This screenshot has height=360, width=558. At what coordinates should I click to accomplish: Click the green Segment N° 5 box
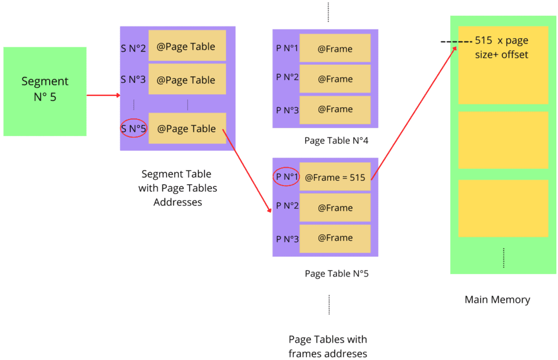(45, 90)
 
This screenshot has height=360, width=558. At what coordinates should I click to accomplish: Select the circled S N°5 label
(134, 129)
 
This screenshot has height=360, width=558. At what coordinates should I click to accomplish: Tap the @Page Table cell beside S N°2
(186, 47)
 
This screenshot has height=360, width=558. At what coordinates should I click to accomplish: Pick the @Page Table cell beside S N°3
(186, 80)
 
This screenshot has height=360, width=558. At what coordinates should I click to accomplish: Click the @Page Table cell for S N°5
(186, 129)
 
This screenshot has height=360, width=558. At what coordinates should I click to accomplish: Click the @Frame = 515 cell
(335, 177)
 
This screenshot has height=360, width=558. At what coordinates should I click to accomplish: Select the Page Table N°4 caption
(336, 141)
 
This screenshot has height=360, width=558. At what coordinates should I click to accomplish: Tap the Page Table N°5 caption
(336, 273)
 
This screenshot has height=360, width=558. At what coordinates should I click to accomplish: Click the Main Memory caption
(497, 300)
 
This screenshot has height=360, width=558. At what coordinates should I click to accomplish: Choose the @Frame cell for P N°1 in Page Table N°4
(335, 48)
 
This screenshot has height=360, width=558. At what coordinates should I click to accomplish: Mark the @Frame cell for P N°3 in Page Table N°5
(335, 238)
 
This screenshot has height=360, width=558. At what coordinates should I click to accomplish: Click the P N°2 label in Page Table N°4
(287, 77)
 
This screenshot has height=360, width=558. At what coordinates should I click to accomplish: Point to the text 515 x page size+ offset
(501, 48)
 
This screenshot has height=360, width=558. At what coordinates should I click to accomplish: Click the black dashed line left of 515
(456, 42)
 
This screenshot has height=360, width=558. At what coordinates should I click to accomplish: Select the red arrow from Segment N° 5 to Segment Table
(103, 95)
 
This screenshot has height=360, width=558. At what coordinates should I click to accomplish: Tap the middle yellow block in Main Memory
(502, 140)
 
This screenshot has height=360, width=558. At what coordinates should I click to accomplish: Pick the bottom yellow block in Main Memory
(502, 208)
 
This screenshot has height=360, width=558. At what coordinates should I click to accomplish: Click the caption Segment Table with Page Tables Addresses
(177, 188)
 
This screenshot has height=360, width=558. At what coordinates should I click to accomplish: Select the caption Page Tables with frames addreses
(327, 346)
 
